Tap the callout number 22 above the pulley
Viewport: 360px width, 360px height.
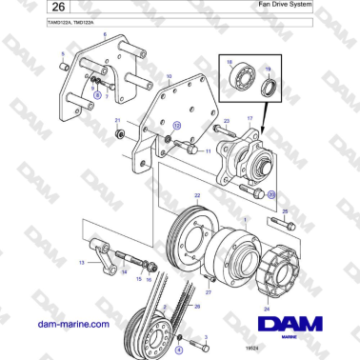[197, 195]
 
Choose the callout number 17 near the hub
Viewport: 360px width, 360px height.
[251, 118]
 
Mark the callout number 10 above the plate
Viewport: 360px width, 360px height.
[169, 75]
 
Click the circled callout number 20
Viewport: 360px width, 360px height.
[271, 194]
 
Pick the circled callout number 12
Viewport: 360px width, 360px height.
[175, 125]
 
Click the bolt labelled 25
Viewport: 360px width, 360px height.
[281, 226]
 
